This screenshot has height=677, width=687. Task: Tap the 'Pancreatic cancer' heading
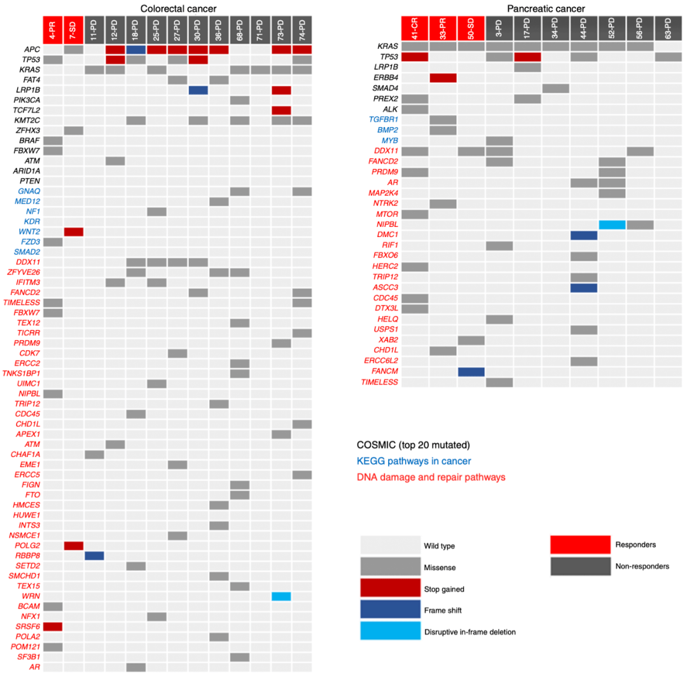pyautogui.click(x=546, y=8)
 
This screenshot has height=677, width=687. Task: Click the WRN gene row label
pyautogui.click(x=31, y=596)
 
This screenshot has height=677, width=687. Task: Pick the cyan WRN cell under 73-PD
pyautogui.click(x=281, y=596)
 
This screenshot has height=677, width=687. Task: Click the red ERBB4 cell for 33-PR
pyautogui.click(x=443, y=78)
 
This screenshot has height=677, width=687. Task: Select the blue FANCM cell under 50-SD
pyautogui.click(x=471, y=372)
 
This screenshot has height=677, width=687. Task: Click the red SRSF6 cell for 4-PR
pyautogui.click(x=53, y=627)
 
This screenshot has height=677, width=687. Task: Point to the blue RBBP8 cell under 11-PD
pyautogui.click(x=94, y=556)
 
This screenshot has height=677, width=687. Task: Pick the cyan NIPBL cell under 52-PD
pyautogui.click(x=612, y=224)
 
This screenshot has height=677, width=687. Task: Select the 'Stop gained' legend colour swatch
pyautogui.click(x=390, y=587)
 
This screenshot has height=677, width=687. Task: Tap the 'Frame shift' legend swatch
pyautogui.click(x=390, y=609)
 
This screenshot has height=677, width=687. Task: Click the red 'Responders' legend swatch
pyautogui.click(x=580, y=545)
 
